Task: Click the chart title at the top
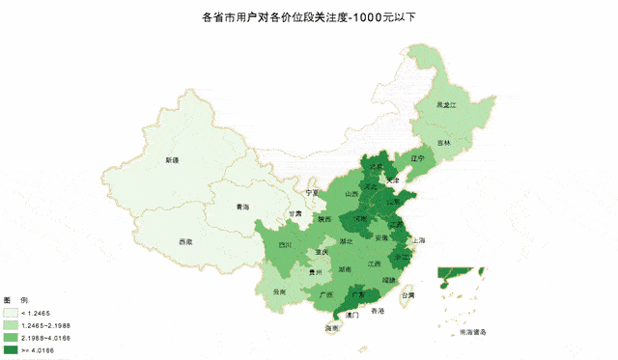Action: point(310,17)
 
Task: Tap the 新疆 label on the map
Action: point(172,160)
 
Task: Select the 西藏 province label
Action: point(185,241)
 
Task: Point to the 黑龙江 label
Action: point(445,102)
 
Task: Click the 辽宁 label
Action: point(417,157)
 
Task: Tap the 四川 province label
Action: point(285,245)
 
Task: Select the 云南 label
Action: point(280,291)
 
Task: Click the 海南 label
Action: point(332,329)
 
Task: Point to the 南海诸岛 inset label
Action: point(472,331)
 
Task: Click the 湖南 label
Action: point(344,269)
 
